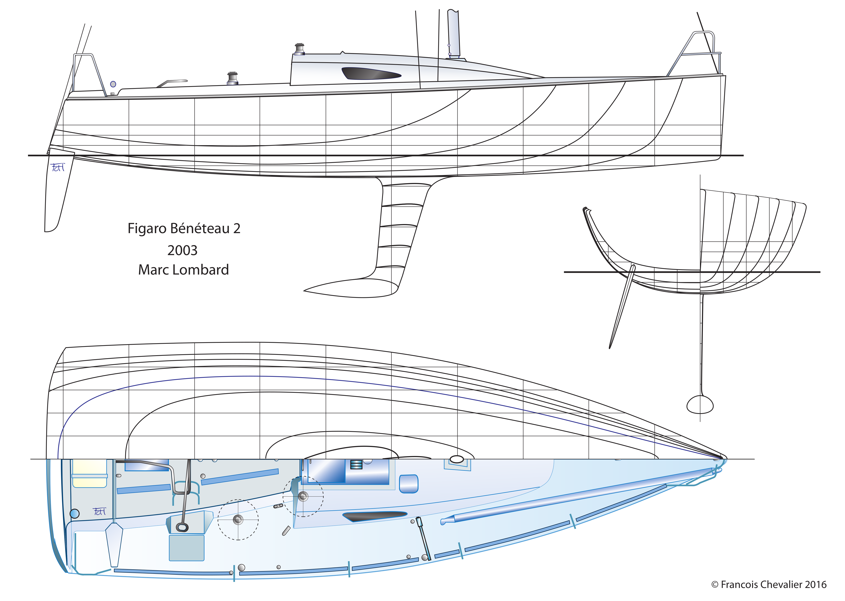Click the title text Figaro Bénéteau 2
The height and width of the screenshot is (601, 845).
tap(184, 228)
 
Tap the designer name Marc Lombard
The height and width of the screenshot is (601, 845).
tap(184, 270)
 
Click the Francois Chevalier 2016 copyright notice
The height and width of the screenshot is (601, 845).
tap(769, 584)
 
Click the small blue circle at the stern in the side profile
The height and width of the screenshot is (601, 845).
tap(113, 84)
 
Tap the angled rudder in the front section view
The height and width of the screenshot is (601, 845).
tap(621, 307)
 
